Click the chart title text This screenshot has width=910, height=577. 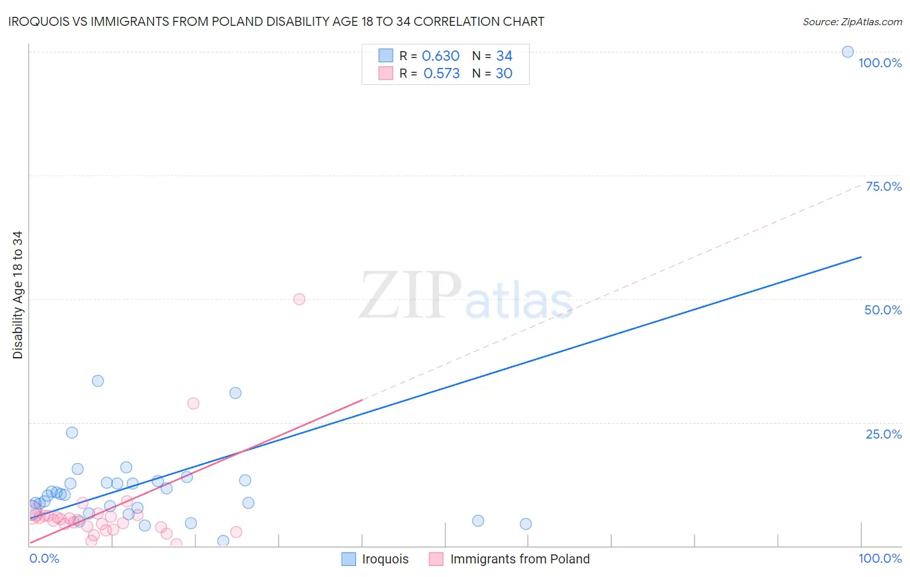click(276, 21)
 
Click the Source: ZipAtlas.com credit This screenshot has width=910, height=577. click(852, 21)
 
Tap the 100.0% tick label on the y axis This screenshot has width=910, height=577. click(880, 63)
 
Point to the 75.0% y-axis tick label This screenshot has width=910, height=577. click(883, 186)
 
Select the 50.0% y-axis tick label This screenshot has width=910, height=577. click(883, 310)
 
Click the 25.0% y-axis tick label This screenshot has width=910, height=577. click(883, 433)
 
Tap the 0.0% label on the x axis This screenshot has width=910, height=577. click(44, 558)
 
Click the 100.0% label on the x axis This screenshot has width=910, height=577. click(880, 558)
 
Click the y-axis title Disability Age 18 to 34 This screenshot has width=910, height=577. click(17, 295)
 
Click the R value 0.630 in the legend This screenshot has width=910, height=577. click(441, 56)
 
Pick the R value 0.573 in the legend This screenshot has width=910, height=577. click(441, 73)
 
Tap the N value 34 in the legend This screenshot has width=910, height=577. click(504, 56)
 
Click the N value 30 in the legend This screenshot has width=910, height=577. click(504, 73)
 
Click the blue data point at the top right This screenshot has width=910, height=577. click(847, 52)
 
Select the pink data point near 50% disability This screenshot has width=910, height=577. click(299, 299)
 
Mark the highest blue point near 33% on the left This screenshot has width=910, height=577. click(98, 380)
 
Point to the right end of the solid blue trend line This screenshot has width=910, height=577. click(861, 257)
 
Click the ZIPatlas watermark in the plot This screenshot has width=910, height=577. click(466, 296)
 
